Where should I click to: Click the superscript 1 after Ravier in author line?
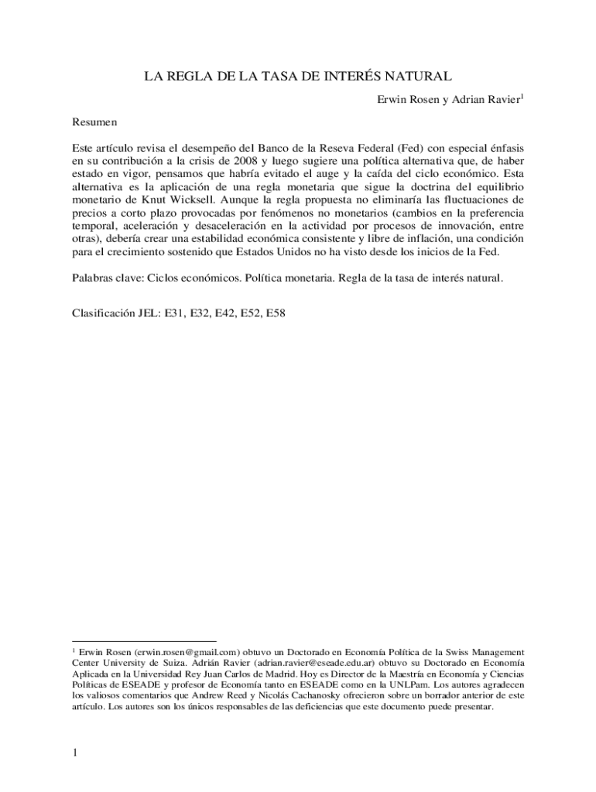[x=522, y=96]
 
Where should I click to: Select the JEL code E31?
[x=175, y=315]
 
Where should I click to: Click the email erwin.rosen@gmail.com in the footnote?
[x=180, y=652]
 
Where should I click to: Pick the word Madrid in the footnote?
[x=276, y=674]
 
